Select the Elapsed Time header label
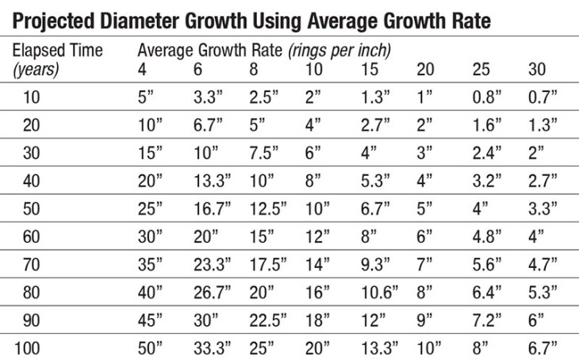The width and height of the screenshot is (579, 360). point(57,51)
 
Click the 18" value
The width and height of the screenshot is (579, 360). point(318,321)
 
